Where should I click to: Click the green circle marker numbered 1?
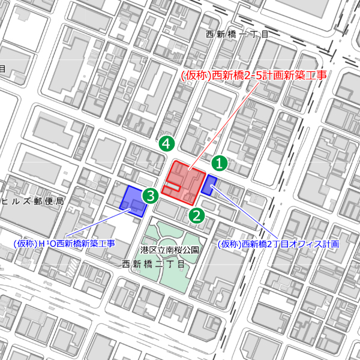click(x=220, y=163)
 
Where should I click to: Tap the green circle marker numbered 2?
click(x=197, y=215)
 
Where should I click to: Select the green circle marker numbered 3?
click(x=150, y=196)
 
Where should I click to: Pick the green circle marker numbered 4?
click(x=167, y=143)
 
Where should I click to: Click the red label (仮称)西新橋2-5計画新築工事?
click(x=253, y=76)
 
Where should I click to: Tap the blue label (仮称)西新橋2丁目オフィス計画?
click(x=278, y=244)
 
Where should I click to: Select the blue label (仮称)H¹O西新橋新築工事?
click(x=64, y=244)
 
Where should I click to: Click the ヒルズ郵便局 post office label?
click(x=32, y=201)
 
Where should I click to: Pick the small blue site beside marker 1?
click(x=209, y=185)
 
